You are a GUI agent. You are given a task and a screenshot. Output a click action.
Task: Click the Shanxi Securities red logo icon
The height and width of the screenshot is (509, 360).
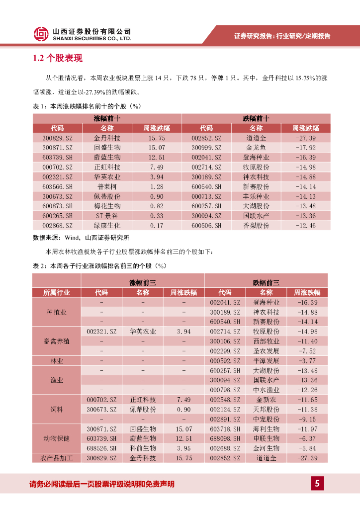[41, 34]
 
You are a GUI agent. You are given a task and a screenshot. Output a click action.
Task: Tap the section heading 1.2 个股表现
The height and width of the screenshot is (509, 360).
[58, 59]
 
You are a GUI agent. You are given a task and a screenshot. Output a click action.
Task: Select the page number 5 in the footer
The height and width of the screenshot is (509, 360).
[317, 483]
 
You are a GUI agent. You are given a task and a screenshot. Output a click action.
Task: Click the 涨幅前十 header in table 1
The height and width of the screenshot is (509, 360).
[107, 118]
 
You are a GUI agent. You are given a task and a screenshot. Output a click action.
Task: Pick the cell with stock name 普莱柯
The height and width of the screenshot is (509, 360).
[107, 187]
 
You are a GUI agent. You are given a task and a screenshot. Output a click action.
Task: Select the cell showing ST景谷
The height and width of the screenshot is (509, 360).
[107, 216]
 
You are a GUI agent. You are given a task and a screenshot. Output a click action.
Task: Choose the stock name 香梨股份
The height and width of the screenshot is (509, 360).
[256, 226]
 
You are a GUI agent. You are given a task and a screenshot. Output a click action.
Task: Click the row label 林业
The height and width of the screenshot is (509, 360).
[57, 361]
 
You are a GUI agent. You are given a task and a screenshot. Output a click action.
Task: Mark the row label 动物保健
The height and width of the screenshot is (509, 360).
[57, 438]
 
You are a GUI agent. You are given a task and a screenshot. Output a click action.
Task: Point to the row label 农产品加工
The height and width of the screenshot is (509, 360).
[57, 458]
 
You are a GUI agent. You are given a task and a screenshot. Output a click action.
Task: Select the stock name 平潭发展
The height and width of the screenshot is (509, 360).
[266, 361]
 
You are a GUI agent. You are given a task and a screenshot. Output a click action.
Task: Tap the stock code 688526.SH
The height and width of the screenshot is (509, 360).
[101, 448]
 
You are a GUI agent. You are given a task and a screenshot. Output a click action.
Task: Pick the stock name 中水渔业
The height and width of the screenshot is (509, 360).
[266, 390]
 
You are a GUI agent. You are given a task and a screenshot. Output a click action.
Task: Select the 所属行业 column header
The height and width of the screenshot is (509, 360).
[57, 292]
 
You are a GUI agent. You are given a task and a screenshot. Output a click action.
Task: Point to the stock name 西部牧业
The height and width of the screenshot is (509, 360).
[266, 341]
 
